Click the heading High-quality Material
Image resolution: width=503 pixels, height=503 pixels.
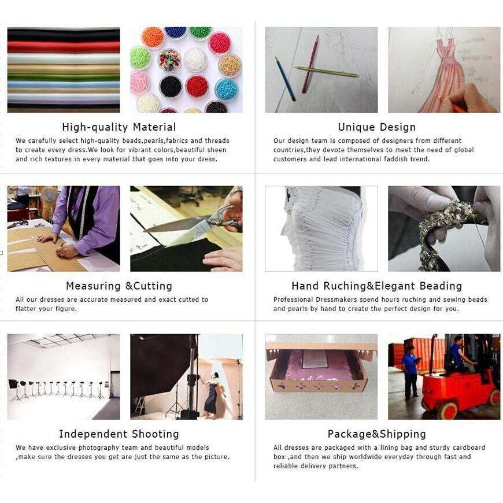click(119, 127)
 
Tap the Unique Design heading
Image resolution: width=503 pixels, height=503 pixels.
click(377, 127)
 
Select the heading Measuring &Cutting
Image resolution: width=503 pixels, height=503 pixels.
click(119, 286)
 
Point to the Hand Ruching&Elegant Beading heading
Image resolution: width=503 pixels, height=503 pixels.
click(377, 286)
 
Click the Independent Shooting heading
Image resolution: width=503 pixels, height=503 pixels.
click(119, 434)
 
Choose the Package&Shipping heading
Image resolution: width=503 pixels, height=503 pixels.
click(377, 434)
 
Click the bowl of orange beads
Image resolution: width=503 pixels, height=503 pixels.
click(153, 37)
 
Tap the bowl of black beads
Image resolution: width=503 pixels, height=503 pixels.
click(171, 87)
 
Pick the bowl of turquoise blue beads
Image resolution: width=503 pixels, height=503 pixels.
click(227, 89)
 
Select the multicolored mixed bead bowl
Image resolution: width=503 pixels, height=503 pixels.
click(169, 60)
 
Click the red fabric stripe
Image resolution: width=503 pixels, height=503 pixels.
click(64, 47)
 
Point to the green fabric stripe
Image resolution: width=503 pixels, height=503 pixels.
click(64, 77)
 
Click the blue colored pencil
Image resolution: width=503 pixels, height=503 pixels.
click(285, 79)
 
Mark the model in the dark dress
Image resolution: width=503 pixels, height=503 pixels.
click(212, 394)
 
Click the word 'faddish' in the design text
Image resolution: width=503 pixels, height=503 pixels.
click(395, 159)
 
